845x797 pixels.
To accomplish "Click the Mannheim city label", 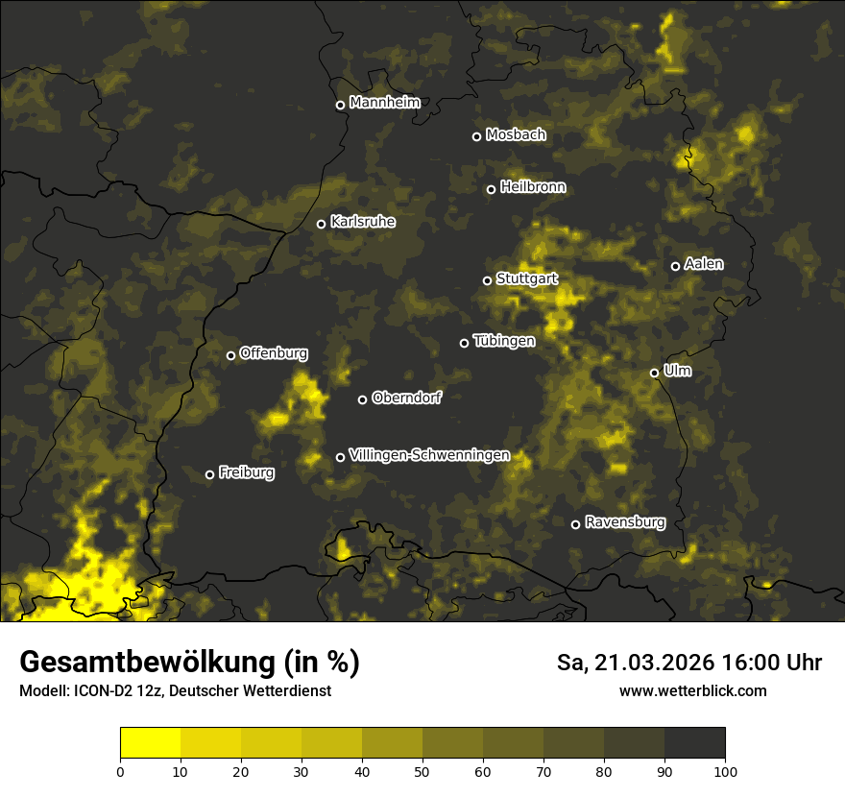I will pos(384,103).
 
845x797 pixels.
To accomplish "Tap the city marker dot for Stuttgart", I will pos(487,280).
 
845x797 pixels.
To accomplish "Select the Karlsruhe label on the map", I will pos(362,222).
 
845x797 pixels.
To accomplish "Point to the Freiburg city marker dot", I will pos(209,474).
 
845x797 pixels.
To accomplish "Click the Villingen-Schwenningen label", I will pos(429,455).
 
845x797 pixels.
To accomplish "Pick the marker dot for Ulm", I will pos(654,373).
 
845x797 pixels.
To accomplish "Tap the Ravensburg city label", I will pos(625,522).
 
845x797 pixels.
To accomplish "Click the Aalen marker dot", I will pos(675,266).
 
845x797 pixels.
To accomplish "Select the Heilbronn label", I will pos(533,187).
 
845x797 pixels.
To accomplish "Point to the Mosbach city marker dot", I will pos(476,136).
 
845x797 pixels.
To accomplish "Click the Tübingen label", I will pos(504,341).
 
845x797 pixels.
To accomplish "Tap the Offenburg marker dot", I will pos(230,355).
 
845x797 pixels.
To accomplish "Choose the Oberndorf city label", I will pos(406,398).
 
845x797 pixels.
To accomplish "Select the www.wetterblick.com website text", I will pos(692,691).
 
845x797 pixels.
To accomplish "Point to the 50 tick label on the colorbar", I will pos(422,771).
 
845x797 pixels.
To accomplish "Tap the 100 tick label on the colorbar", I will pos(725,771).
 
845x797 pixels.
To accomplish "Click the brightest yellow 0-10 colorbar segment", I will pos(151,743).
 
